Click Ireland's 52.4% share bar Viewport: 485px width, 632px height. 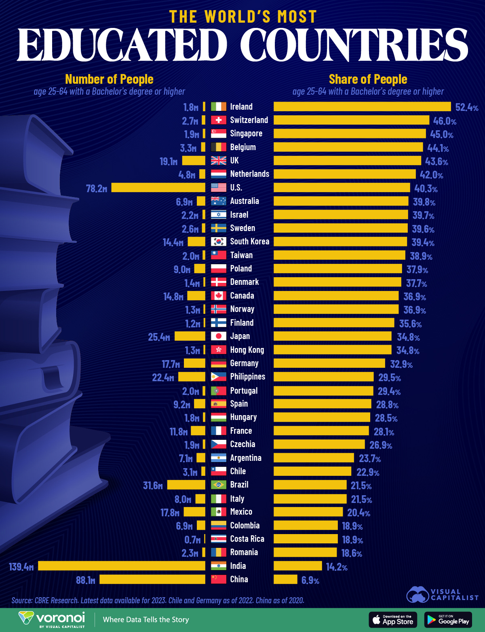pyautogui.click(x=362, y=106)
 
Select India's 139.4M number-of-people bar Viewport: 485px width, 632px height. pyautogui.click(x=122, y=566)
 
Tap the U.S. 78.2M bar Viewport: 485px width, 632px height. pyautogui.click(x=158, y=187)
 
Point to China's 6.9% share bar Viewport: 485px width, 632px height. pyautogui.click(x=285, y=579)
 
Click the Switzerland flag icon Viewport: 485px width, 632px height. pyautogui.click(x=219, y=120)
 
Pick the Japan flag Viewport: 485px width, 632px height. pyautogui.click(x=219, y=336)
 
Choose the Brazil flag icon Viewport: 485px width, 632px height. pyautogui.click(x=219, y=485)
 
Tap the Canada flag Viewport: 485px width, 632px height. pyautogui.click(x=219, y=296)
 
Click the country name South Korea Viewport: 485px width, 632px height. pyautogui.click(x=249, y=242)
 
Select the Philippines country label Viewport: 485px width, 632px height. pyautogui.click(x=247, y=377)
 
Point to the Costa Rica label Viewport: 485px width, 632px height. pyautogui.click(x=247, y=539)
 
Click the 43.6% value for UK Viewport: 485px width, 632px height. pyautogui.click(x=436, y=161)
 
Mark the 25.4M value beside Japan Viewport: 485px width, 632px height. pyautogui.click(x=159, y=337)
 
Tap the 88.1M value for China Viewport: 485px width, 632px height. pyautogui.click(x=86, y=580)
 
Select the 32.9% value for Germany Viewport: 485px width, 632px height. pyautogui.click(x=401, y=364)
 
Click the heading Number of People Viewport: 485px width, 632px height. pyautogui.click(x=109, y=79)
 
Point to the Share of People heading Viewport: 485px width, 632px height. pyautogui.click(x=368, y=79)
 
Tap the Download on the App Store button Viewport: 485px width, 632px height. pyautogui.click(x=393, y=619)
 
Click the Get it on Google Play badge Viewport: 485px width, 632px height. pyautogui.click(x=448, y=619)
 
